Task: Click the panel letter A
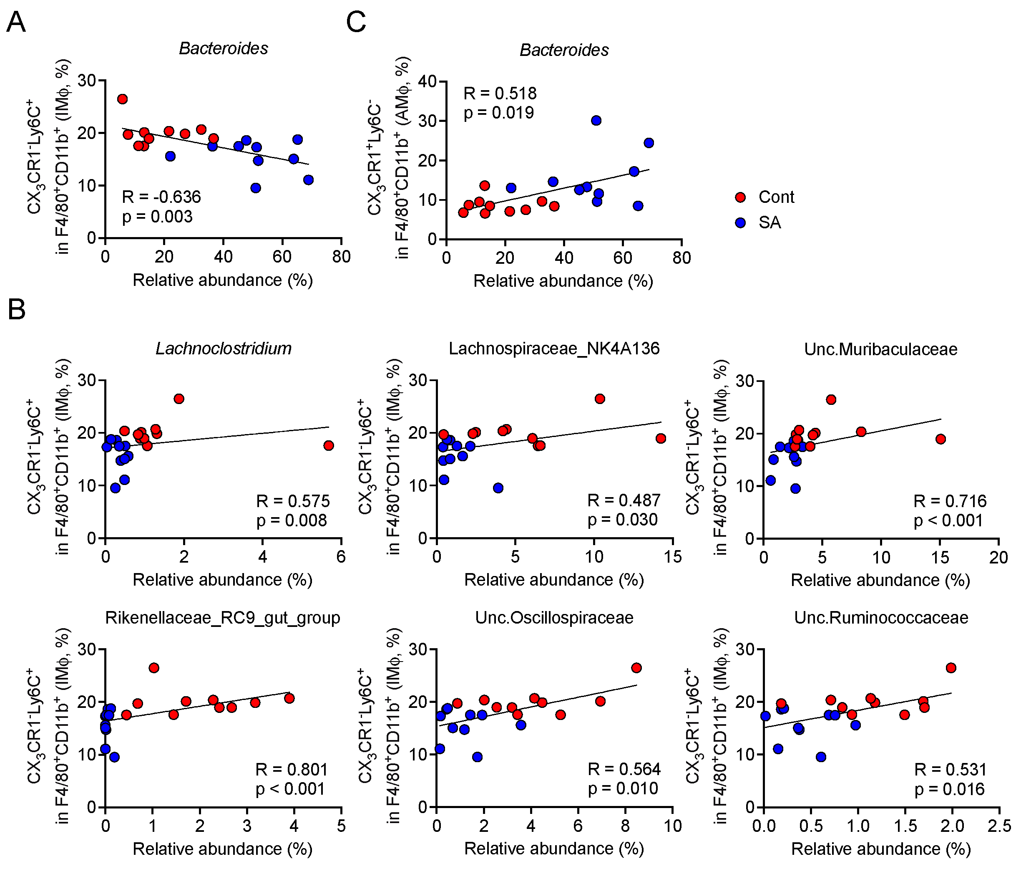pyautogui.click(x=16, y=23)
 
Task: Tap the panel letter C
pyautogui.click(x=356, y=23)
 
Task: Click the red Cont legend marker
pyautogui.click(x=740, y=197)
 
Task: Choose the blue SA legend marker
pyautogui.click(x=740, y=222)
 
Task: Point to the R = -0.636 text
pyautogui.click(x=161, y=197)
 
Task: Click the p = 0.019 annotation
pyautogui.click(x=499, y=113)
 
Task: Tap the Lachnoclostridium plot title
pyautogui.click(x=224, y=349)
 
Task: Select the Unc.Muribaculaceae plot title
pyautogui.click(x=881, y=349)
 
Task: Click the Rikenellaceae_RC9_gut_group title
pyautogui.click(x=223, y=618)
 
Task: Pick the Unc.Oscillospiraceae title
pyautogui.click(x=554, y=618)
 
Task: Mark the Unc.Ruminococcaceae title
pyautogui.click(x=881, y=618)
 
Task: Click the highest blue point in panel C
pyautogui.click(x=596, y=121)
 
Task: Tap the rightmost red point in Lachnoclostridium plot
pyautogui.click(x=328, y=445)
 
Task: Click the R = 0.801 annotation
pyautogui.click(x=292, y=770)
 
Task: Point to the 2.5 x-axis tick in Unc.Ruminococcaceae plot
pyautogui.click(x=999, y=826)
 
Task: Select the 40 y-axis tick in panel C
pyautogui.click(x=428, y=81)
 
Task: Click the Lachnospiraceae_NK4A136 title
pyautogui.click(x=554, y=349)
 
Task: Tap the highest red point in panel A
pyautogui.click(x=123, y=99)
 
